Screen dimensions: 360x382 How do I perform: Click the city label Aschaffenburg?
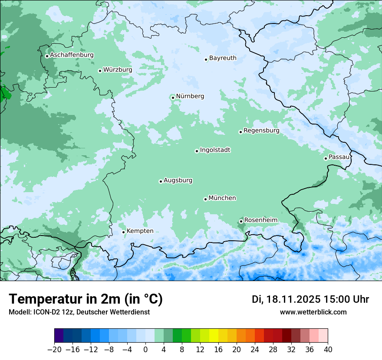click(72, 55)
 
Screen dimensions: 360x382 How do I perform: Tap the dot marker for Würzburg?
click(100, 71)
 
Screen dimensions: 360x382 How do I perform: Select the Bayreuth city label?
click(223, 58)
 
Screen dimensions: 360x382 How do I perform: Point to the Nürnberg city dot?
click(173, 98)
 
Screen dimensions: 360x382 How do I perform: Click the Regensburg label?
click(261, 131)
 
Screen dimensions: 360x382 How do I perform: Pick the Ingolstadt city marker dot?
click(197, 151)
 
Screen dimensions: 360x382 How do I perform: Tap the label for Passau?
click(339, 157)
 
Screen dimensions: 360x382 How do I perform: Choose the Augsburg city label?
click(178, 180)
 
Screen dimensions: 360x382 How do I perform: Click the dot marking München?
click(205, 199)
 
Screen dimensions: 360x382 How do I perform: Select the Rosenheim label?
click(260, 220)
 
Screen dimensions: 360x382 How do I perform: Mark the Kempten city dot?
click(123, 232)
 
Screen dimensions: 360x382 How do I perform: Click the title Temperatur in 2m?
click(86, 299)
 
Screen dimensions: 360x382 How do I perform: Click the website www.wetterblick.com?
click(313, 312)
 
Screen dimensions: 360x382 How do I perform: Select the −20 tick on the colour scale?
click(55, 350)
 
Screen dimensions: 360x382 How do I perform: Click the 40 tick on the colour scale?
click(328, 350)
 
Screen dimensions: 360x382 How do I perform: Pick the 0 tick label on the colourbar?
click(145, 350)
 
